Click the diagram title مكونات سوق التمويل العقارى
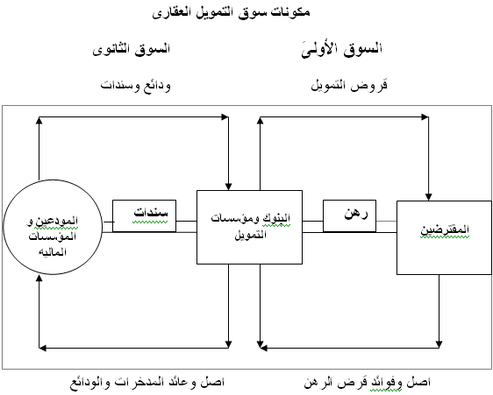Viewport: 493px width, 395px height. click(231, 12)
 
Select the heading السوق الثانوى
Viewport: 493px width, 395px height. click(131, 49)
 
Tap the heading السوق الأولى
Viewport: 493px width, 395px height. click(342, 49)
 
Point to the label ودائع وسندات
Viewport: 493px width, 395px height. click(135, 86)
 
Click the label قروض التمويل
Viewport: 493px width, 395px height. click(349, 85)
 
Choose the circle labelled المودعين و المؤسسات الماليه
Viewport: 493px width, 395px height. click(53, 227)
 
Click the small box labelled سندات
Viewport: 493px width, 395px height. click(145, 215)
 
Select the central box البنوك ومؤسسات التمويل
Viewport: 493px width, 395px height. click(250, 227)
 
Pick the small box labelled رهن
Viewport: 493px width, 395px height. click(350, 215)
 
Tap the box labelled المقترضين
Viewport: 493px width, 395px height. click(444, 237)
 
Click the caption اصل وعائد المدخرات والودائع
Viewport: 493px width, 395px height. click(147, 382)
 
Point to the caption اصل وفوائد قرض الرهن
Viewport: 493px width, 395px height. click(367, 382)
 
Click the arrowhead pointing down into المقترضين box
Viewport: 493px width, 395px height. click(429, 196)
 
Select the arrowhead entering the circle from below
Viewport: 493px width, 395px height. click(39, 279)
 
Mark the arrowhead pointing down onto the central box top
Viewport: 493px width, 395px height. click(229, 187)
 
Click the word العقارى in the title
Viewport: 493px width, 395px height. click(168, 13)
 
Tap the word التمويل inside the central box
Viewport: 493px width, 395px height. click(251, 234)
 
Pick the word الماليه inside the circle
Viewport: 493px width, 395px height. click(53, 251)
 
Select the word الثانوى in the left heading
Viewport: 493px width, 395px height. click(111, 49)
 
